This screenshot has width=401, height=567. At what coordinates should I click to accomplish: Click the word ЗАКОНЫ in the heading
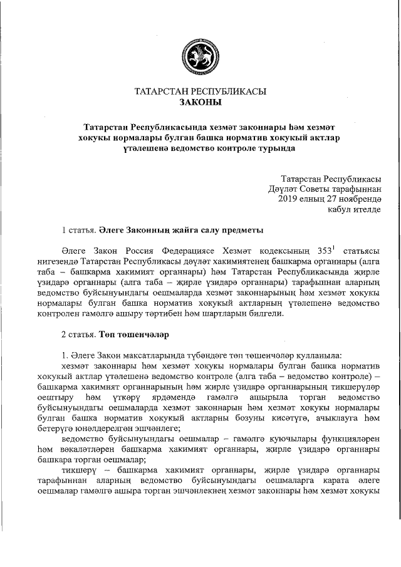click(x=200, y=102)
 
